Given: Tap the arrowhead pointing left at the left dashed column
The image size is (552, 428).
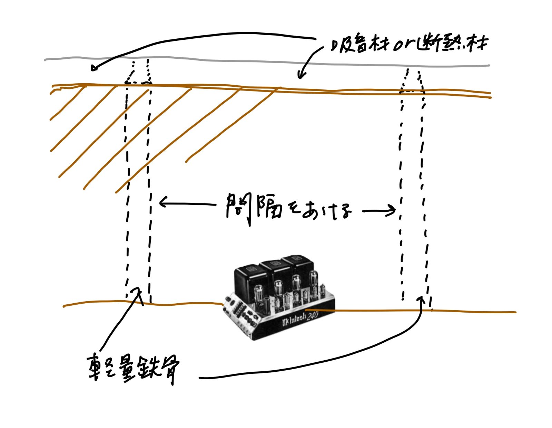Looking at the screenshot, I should pyautogui.click(x=162, y=202).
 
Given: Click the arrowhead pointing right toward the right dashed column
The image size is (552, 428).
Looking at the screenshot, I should pyautogui.click(x=392, y=210).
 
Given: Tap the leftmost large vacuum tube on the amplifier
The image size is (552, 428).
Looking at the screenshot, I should pyautogui.click(x=259, y=295).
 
